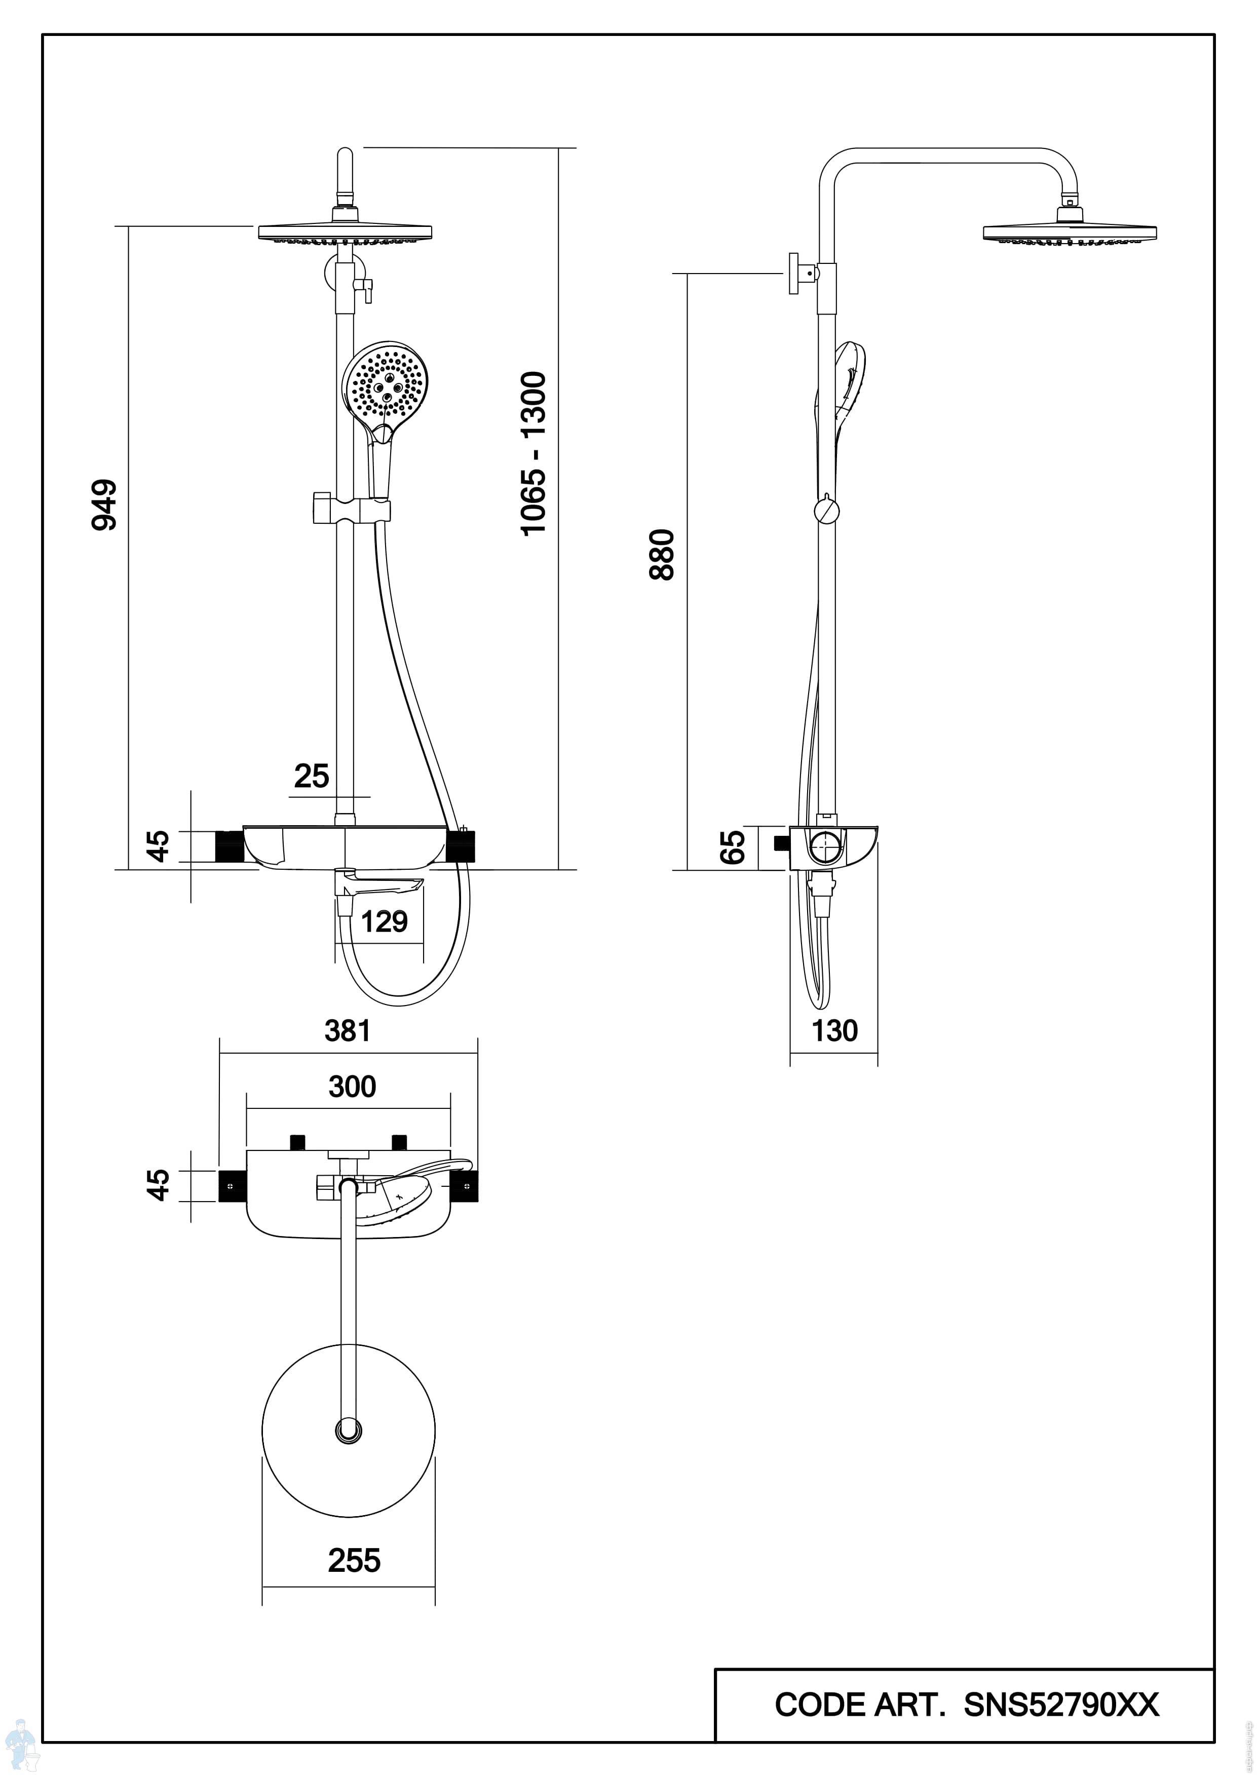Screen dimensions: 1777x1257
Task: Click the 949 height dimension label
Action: pos(104,506)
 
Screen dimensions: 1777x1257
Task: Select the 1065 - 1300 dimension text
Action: pos(534,453)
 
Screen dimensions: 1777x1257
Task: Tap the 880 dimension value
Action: pos(663,554)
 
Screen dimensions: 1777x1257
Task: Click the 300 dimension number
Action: pos(352,1087)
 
